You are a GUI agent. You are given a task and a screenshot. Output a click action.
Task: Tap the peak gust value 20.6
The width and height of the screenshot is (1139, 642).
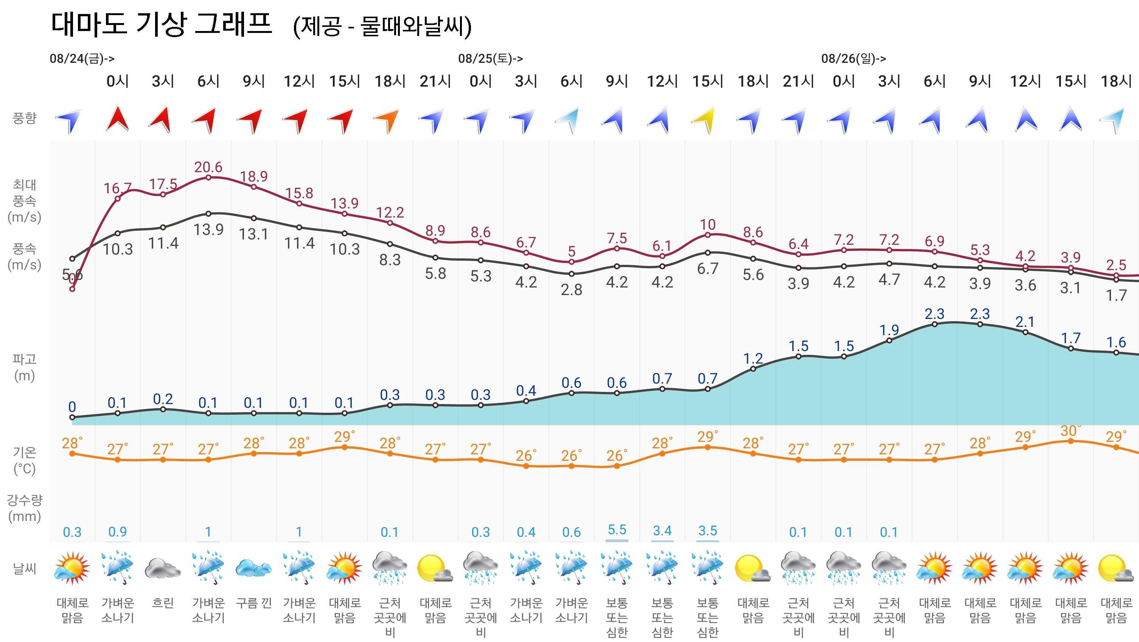208,167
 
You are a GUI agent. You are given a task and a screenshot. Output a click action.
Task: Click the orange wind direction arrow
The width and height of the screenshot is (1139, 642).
388,120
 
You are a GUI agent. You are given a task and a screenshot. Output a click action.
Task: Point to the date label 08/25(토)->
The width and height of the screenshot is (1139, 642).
490,58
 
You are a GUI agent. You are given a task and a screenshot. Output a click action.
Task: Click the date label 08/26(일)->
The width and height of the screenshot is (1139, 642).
853,58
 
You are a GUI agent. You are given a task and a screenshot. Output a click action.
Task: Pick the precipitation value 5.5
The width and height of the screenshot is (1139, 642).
617,530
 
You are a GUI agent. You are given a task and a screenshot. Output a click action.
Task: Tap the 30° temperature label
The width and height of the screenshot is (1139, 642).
1071,430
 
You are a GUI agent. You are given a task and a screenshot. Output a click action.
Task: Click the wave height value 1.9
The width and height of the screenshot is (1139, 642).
889,330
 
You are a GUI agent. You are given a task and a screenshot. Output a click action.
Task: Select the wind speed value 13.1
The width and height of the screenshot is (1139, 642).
254,234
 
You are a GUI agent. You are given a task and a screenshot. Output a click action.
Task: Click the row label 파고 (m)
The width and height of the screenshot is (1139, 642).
24,367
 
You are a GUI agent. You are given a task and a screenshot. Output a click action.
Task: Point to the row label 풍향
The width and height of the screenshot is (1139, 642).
24,118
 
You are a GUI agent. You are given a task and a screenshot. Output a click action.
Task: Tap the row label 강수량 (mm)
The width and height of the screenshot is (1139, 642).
24,508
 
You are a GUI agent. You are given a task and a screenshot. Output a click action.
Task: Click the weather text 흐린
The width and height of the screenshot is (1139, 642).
163,603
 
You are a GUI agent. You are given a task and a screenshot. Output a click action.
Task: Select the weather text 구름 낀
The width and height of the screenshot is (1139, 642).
254,603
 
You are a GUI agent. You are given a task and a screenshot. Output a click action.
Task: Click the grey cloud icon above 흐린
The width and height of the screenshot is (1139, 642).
162,568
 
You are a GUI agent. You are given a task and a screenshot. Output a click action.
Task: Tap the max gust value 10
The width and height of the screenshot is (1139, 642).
707,225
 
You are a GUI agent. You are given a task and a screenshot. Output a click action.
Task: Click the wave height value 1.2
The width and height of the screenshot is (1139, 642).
753,358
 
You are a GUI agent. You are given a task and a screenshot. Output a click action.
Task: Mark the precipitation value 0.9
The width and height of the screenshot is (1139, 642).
118,532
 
